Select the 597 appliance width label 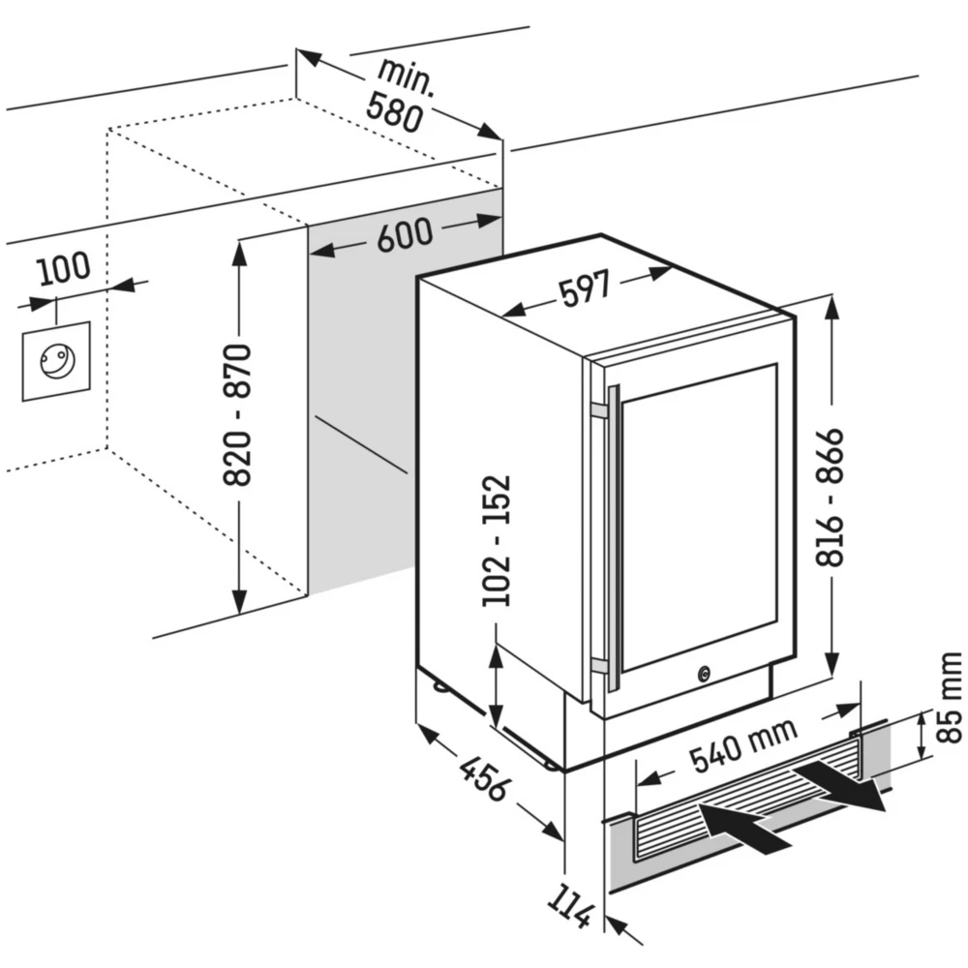coord(585,289)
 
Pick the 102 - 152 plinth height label coord(497,540)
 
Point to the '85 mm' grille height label coord(950,698)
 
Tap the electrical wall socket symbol coord(56,361)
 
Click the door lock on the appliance coord(704,669)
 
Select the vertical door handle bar coord(614,537)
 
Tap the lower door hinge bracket coord(600,667)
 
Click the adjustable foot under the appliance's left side coord(441,688)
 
